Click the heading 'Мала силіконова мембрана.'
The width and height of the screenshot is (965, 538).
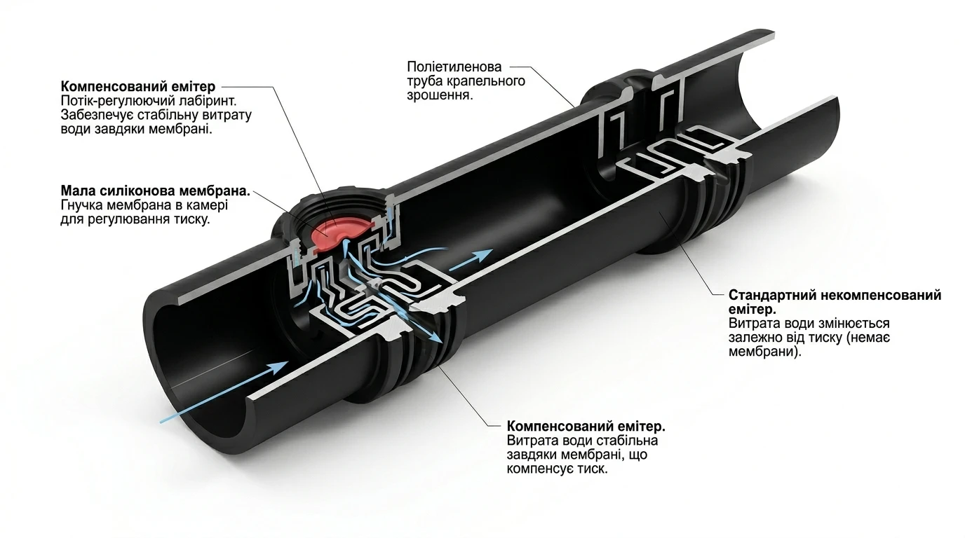[156, 191]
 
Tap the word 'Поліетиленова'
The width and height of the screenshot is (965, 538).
[454, 67]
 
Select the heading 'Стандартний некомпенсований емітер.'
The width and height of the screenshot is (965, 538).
[835, 302]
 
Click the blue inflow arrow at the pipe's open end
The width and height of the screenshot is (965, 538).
[224, 392]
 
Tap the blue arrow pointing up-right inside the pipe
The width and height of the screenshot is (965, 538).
[471, 259]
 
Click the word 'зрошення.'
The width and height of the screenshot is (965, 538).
[440, 95]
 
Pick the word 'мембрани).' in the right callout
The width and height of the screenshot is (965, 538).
[765, 352]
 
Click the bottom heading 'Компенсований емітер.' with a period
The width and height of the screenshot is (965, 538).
[586, 427]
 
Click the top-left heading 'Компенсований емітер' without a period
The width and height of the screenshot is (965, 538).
[138, 86]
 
